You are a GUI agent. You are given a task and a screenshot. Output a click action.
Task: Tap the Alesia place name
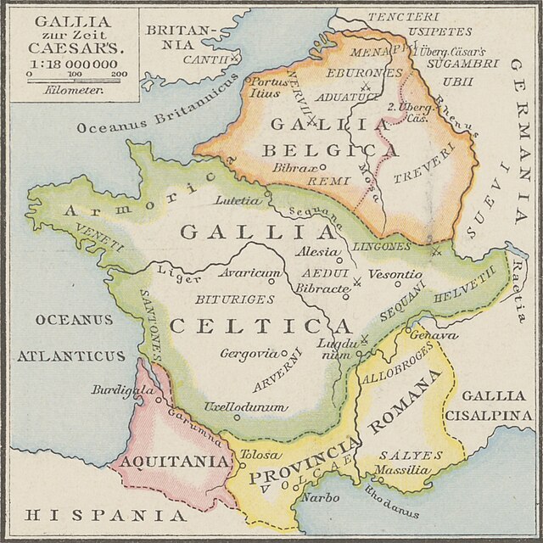pos(315,253)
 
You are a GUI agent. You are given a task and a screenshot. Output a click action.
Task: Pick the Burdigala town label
pos(122,392)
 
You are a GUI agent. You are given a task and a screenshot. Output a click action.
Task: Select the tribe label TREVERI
pos(418,174)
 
